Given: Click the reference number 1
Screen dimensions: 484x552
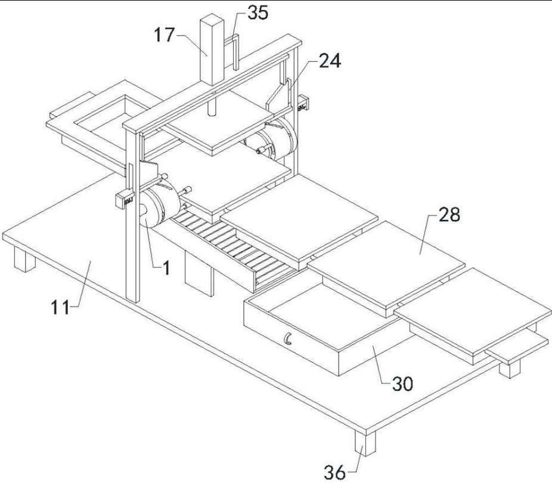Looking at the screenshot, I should click(166, 268).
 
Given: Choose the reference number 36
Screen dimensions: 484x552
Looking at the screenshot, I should click(336, 473).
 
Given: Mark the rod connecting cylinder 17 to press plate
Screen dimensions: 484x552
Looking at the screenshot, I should click(211, 107).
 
